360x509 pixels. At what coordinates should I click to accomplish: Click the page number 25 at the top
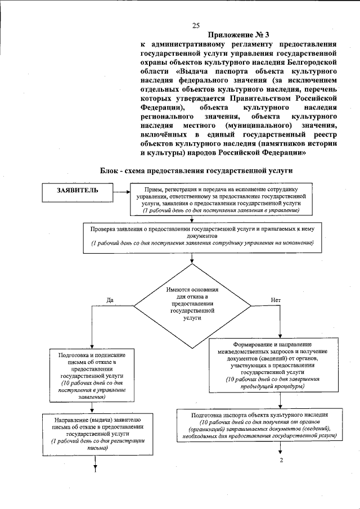pos(196,25)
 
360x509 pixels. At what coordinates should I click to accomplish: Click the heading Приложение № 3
pos(238,35)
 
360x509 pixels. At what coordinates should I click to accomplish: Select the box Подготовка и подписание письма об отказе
pos(94,376)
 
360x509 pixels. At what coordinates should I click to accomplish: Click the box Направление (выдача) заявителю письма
pos(94,437)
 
